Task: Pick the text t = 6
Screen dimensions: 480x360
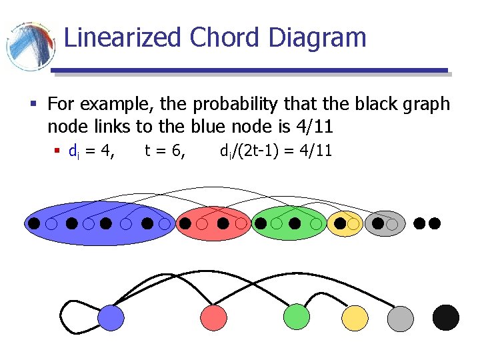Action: click(x=165, y=151)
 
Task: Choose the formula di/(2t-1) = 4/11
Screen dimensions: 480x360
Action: click(x=275, y=151)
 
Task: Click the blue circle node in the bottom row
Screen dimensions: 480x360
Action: click(x=111, y=317)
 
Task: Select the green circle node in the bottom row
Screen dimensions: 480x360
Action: click(x=297, y=317)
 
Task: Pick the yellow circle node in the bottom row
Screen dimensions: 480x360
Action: click(x=355, y=318)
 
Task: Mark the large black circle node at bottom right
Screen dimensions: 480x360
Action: click(x=445, y=318)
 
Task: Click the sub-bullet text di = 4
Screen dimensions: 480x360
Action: click(x=91, y=151)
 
